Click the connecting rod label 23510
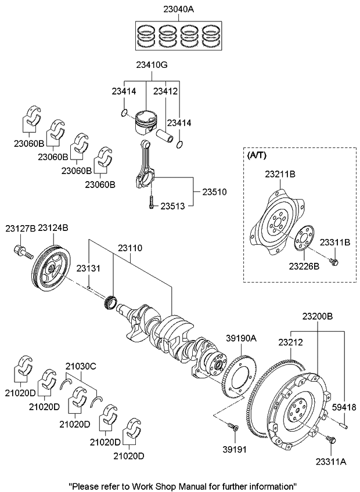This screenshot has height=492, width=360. click(214, 191)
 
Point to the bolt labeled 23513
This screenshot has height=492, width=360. click(151, 203)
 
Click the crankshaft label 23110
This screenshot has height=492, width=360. click(130, 248)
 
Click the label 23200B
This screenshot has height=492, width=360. click(317, 316)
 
